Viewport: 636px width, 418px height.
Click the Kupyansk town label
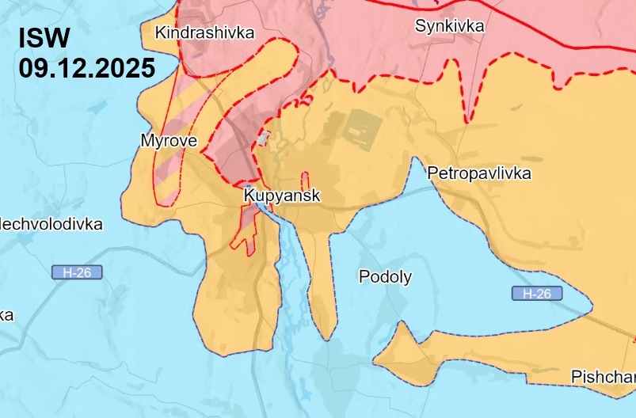283,195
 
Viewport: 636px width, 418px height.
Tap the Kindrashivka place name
205,32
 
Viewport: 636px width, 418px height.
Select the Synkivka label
449,25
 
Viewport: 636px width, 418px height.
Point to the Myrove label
168,141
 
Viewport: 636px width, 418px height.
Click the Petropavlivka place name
478,173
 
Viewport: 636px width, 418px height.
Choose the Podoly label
385,276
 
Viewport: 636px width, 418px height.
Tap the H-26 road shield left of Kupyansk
77,272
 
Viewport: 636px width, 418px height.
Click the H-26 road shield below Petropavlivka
536,294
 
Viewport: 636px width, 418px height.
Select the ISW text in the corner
45,37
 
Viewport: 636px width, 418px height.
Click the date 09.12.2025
87,67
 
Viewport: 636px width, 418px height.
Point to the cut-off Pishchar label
603,376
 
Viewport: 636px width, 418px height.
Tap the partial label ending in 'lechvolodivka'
51,224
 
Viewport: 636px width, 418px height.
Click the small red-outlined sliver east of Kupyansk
304,180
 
